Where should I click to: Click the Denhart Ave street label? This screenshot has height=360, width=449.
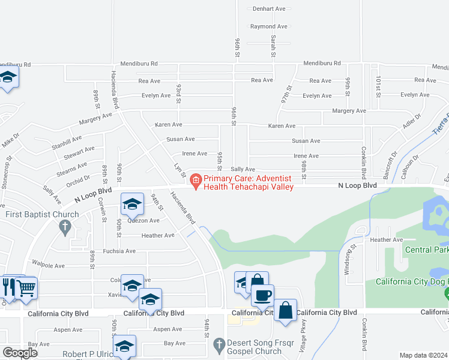269,9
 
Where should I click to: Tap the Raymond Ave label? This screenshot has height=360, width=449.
268,26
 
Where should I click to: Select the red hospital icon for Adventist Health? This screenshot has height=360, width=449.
196,179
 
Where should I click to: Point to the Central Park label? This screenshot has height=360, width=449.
426,250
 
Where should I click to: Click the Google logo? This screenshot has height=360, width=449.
20,353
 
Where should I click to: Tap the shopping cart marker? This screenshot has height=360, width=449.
26,288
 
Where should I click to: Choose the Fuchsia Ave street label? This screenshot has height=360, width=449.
119,251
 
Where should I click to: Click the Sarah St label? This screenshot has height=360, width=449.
273,46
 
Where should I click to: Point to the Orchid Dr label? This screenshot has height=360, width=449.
79,178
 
